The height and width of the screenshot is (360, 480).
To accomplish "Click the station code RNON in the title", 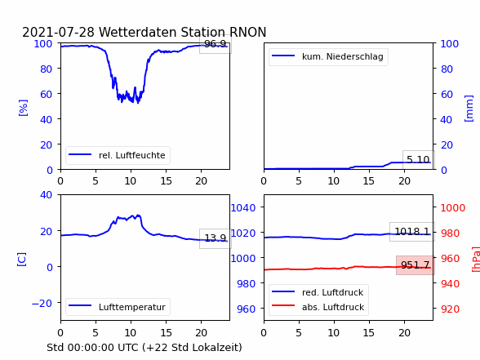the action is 248,32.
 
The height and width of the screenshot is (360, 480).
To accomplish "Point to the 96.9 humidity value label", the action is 216,44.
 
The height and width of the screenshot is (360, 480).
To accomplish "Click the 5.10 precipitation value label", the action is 418,159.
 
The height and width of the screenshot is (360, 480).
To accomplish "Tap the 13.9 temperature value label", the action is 216,238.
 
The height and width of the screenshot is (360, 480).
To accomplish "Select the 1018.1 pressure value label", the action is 412,232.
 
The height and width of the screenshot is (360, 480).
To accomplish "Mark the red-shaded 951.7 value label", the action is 415,264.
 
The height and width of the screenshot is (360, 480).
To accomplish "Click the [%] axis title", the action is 23,108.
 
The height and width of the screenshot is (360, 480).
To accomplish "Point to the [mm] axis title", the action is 469,109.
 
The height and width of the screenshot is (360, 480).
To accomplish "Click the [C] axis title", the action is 22,260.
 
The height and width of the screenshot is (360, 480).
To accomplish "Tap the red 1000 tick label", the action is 453,208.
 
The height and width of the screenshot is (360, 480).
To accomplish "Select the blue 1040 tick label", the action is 243,208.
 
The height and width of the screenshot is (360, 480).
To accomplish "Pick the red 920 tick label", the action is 450,309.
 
